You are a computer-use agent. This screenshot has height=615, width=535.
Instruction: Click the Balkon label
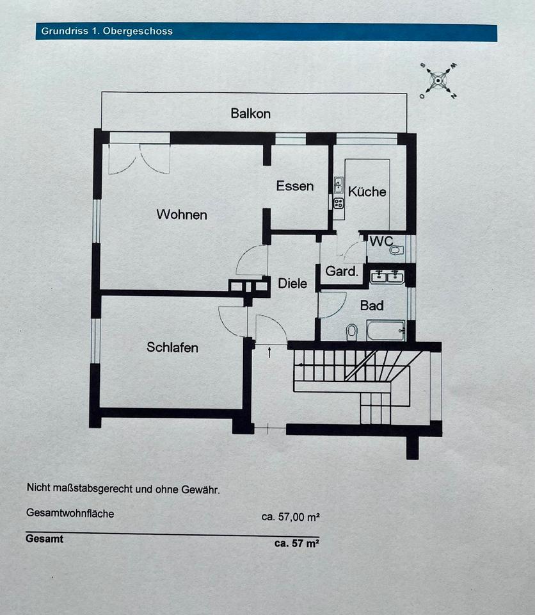[x=251, y=113]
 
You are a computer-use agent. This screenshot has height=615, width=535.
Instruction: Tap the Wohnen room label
[x=182, y=215]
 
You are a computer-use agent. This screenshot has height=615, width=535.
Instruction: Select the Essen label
[x=295, y=186]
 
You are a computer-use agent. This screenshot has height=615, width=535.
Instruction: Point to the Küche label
[x=367, y=191]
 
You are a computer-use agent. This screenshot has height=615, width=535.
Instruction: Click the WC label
[x=381, y=242]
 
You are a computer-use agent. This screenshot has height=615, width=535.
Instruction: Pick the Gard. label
[x=342, y=271]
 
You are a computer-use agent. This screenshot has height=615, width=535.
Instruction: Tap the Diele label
[x=292, y=283]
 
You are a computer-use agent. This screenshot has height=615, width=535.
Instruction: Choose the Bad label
[x=372, y=306]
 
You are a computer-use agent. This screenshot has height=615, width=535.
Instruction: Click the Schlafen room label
[x=172, y=347]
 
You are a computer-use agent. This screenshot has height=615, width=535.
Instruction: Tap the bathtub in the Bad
[x=386, y=331]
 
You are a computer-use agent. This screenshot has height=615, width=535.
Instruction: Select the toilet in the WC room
[x=395, y=250]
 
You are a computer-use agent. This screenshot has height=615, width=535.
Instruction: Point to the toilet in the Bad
[x=351, y=331]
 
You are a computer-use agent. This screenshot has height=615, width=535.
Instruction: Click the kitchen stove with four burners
[x=339, y=203]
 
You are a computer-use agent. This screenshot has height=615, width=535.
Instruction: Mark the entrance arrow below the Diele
[x=269, y=352]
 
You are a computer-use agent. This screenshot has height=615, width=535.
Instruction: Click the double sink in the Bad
[x=387, y=277]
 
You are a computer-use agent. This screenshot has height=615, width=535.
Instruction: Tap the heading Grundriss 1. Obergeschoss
[x=107, y=31]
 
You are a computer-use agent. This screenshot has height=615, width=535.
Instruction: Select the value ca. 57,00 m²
[x=291, y=517]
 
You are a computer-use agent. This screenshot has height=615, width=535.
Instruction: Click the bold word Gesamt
[x=45, y=539]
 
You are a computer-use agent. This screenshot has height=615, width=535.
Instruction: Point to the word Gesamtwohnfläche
[x=70, y=513]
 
